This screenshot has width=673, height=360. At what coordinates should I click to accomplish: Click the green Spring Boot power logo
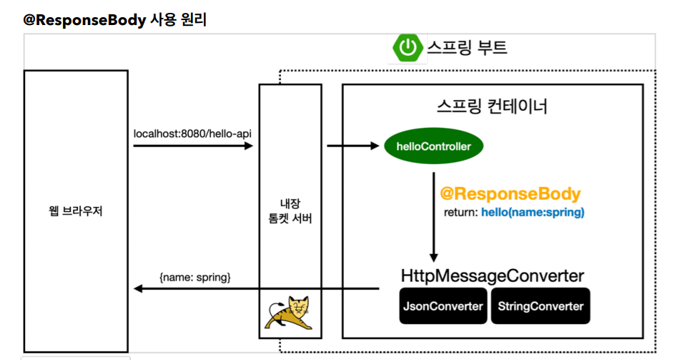(x=408, y=48)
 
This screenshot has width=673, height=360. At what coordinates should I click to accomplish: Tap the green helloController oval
(x=434, y=147)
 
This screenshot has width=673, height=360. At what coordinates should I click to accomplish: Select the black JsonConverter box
(x=443, y=306)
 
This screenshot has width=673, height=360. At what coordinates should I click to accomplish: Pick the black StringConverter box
(x=541, y=306)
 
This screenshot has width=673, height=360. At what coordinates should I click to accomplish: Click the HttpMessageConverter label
(x=492, y=276)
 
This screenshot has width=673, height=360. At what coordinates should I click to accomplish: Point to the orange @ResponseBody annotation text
(x=510, y=194)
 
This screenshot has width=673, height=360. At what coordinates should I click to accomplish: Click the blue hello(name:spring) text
(x=533, y=213)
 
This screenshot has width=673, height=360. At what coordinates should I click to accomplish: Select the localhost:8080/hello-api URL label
(x=192, y=133)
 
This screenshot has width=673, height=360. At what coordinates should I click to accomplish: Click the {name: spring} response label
(x=195, y=276)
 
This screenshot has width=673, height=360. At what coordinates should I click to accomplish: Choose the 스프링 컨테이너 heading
(x=492, y=107)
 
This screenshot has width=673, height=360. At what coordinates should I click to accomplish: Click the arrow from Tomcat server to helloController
(x=353, y=147)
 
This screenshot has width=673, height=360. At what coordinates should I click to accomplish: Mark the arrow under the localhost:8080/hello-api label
(x=193, y=146)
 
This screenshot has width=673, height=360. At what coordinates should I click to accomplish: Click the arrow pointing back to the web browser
(x=257, y=288)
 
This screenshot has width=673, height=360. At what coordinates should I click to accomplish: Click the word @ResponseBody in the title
(x=84, y=20)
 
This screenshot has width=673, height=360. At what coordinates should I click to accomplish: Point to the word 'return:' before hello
(x=462, y=213)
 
